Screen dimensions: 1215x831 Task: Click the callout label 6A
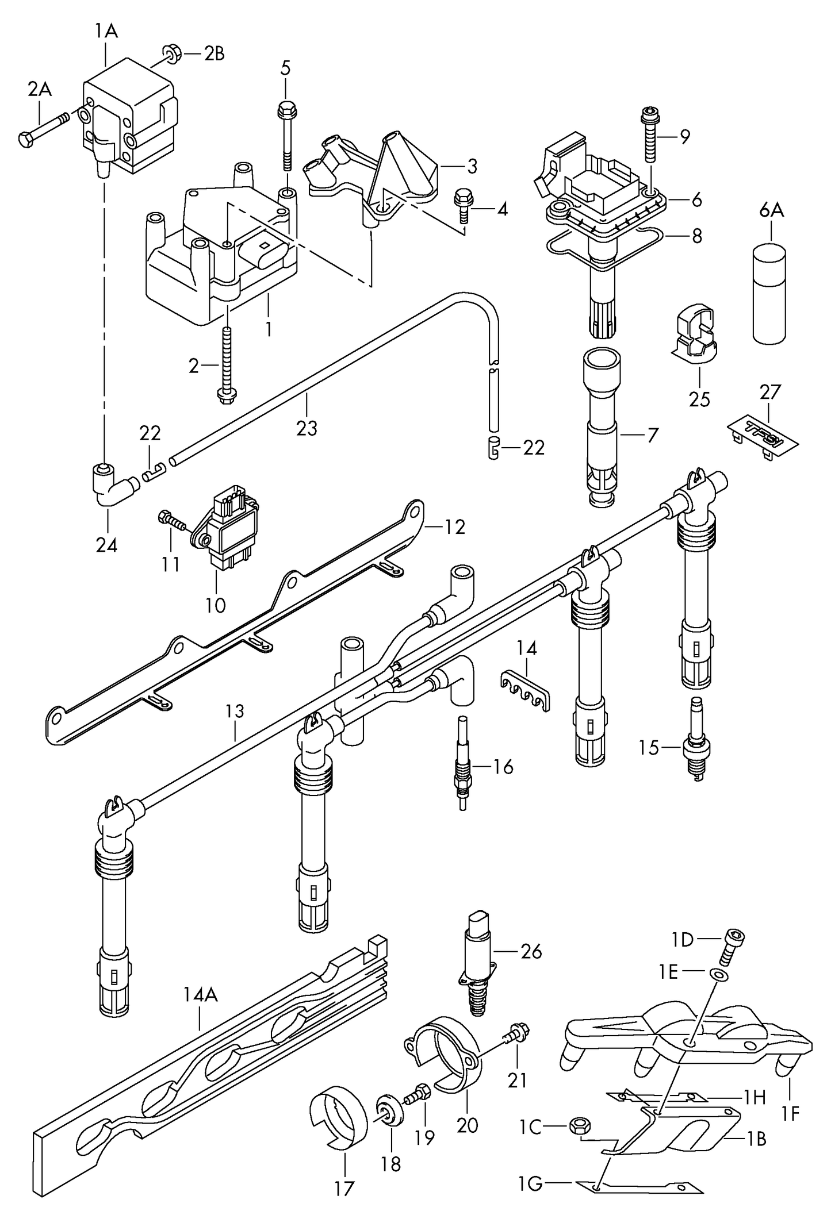[x=771, y=210]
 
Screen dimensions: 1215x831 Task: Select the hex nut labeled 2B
[x=171, y=53]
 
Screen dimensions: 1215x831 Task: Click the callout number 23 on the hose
[x=306, y=428]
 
